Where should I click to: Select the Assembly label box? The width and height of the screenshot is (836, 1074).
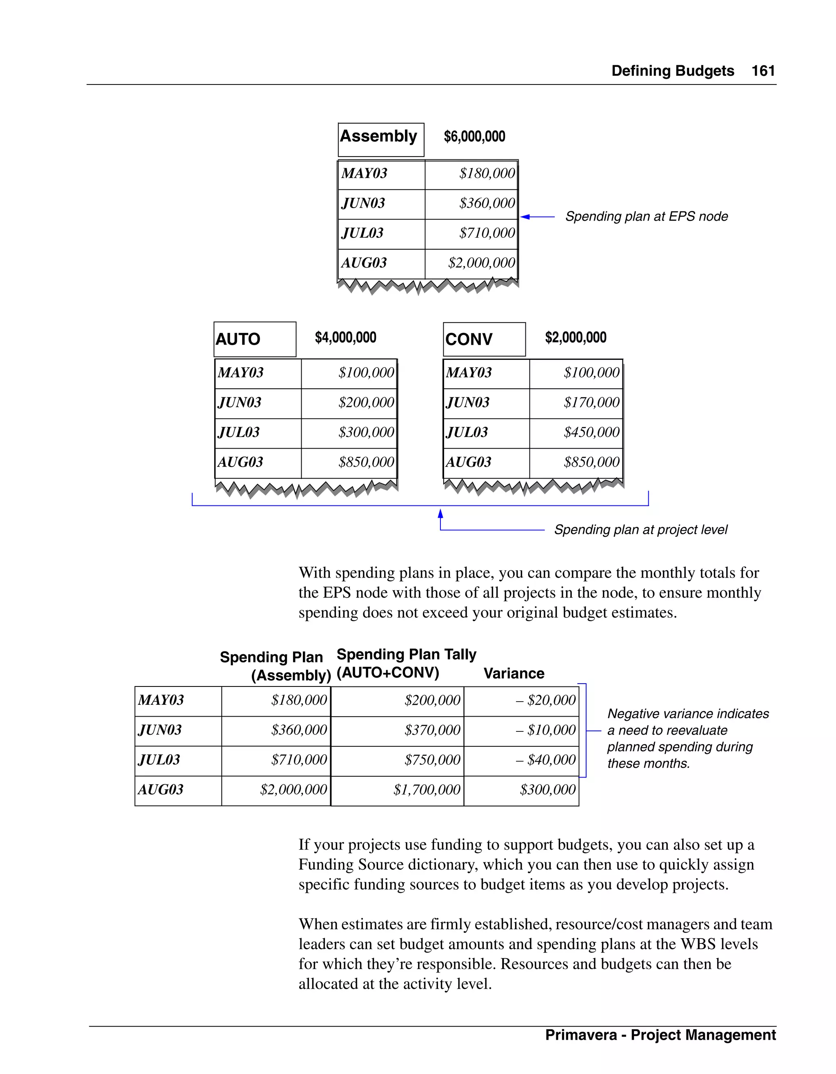pos(381,140)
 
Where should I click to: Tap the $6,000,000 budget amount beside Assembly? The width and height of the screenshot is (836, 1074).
pos(474,137)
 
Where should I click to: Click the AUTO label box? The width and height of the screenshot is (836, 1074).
pos(254,339)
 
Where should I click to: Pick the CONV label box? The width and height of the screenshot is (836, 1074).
pos(484,339)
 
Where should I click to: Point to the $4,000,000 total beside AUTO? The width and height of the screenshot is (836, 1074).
pos(345,337)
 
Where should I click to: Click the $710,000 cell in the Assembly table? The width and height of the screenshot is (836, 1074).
pos(487,233)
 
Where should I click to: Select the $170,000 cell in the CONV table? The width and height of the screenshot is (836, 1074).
pos(591,403)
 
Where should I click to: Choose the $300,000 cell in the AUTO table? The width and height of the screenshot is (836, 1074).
pos(366,432)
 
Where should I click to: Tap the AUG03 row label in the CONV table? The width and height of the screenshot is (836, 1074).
pos(469,462)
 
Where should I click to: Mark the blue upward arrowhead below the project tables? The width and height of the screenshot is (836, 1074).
pos(440,514)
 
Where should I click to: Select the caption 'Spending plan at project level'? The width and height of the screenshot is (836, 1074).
pos(640,529)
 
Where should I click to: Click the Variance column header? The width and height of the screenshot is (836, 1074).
pos(514,673)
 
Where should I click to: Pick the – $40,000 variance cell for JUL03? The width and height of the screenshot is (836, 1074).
pos(545,760)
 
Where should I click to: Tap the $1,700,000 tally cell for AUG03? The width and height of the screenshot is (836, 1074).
pos(426,790)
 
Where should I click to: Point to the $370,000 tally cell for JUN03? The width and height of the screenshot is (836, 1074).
pos(432,730)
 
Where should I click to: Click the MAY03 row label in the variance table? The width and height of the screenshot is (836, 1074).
pos(161,700)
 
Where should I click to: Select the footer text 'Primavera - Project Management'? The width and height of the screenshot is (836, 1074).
pos(660,1035)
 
